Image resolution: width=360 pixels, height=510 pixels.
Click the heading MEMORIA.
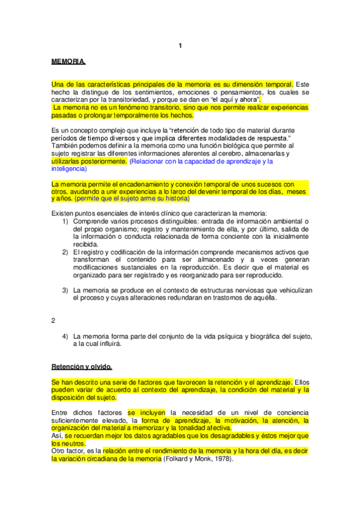coord(69,63)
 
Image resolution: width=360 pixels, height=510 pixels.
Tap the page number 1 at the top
coord(181,46)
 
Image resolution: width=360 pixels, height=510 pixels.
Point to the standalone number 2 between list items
coord(53,321)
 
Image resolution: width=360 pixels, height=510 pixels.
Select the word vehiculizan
coord(291,290)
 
